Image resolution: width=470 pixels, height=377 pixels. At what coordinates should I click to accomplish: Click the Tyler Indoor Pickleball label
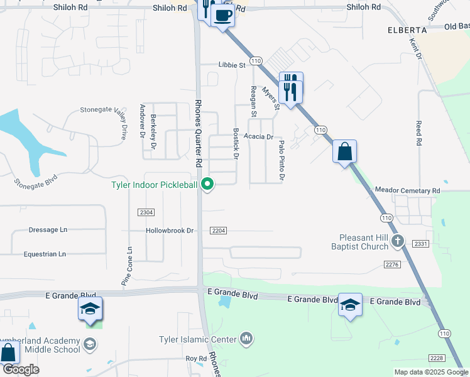click(154, 185)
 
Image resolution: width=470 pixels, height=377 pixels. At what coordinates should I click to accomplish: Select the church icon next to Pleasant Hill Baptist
click(396, 240)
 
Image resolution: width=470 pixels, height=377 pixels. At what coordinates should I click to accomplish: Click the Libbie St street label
click(231, 65)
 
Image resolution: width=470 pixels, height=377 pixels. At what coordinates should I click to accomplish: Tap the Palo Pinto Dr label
click(281, 160)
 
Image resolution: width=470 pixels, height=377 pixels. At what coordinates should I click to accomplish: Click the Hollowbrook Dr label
click(170, 231)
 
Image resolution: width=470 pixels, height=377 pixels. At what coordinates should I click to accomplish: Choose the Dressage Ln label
click(48, 230)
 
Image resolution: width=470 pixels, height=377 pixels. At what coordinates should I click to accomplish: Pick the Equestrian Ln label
click(45, 254)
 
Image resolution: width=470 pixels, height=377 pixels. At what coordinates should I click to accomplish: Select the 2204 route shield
click(218, 231)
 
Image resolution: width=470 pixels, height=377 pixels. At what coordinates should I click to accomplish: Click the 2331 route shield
click(420, 243)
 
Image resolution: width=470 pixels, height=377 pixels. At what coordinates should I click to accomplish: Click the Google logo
click(21, 369)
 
